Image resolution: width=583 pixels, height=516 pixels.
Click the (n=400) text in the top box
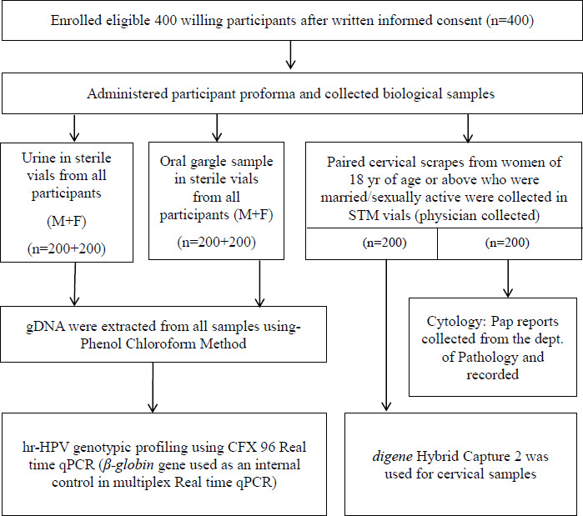510,21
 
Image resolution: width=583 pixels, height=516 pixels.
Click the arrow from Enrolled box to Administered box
290,55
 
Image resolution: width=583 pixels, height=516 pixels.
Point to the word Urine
38,158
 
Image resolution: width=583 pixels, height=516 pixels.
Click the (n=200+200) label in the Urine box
67,248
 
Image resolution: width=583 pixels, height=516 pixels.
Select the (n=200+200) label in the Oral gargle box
216,243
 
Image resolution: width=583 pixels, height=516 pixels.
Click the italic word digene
392,457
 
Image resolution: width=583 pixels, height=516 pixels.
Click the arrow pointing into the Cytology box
508,278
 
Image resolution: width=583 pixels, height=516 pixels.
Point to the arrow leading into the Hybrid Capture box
386,335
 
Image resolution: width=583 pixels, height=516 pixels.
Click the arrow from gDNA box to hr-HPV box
153,388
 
